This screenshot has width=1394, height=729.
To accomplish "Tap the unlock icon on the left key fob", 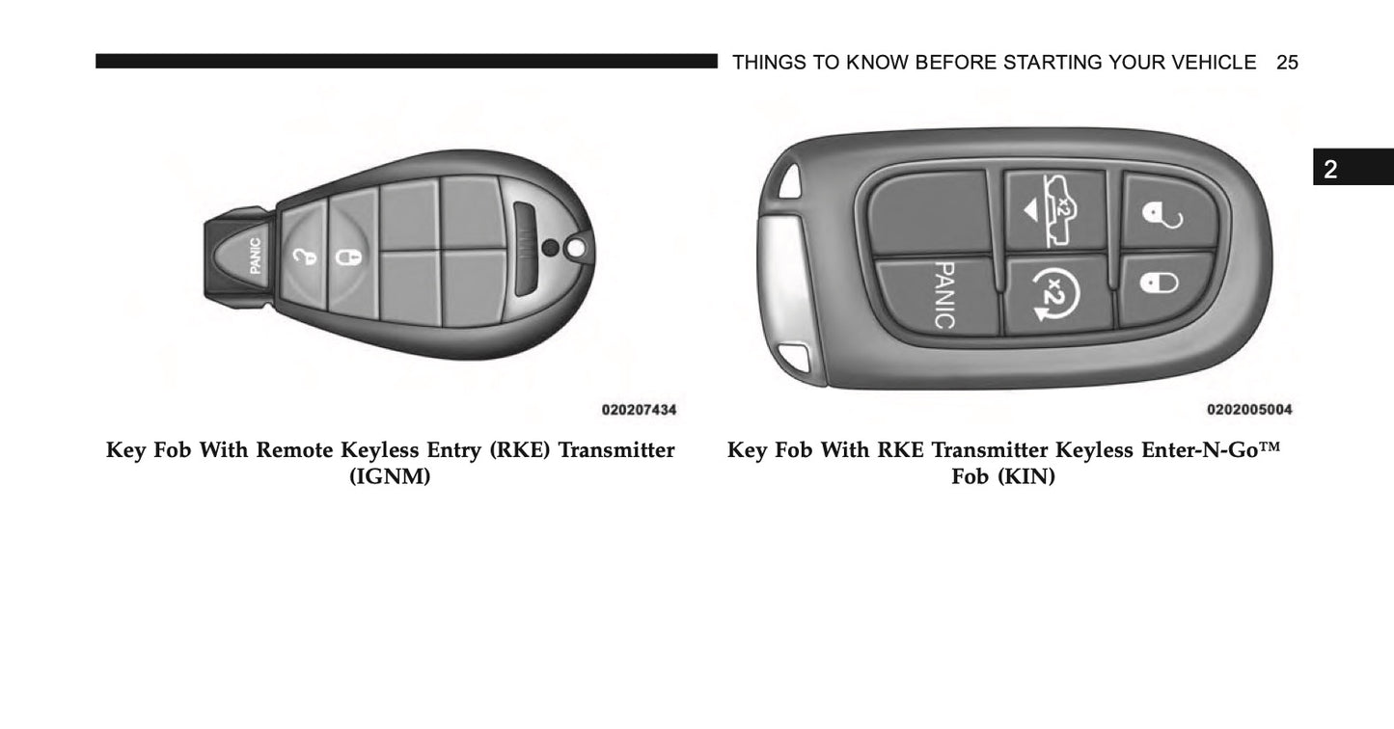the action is (x=304, y=256).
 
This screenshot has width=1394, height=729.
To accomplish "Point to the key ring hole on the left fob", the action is (x=576, y=249).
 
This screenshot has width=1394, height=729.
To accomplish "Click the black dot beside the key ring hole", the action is (x=551, y=248).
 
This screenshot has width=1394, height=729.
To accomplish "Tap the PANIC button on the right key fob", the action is (x=939, y=295).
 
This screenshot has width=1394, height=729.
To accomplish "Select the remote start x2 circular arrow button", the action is (x=1056, y=295).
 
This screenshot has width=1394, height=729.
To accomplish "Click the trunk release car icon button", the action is (x=1055, y=210).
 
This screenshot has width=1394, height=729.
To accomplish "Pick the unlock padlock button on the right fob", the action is (x=1168, y=210).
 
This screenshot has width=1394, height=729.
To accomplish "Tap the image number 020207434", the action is (x=639, y=410).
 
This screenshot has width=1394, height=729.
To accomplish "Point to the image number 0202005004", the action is (x=1249, y=409).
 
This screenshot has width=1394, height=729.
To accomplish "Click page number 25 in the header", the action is (x=1287, y=63).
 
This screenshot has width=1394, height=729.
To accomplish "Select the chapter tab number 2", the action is (x=1330, y=169).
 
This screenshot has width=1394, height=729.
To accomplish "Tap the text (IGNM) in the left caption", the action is (x=390, y=476).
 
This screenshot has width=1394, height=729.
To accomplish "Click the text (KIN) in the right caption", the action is (x=1026, y=476).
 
